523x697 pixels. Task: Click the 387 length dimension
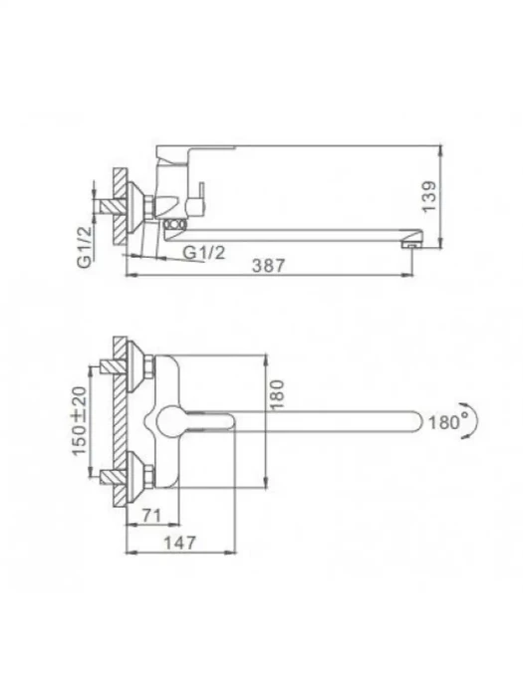pos(268,266)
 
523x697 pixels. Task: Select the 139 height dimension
pos(430,196)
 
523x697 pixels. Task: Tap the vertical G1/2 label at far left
pos(85,247)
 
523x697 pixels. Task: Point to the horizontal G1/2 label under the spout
pos(204,253)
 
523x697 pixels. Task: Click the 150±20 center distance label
pos(79,421)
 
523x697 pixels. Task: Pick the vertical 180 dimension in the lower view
pos(276,394)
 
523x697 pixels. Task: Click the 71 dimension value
pos(151,516)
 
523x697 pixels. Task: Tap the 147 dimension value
pos(179,543)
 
